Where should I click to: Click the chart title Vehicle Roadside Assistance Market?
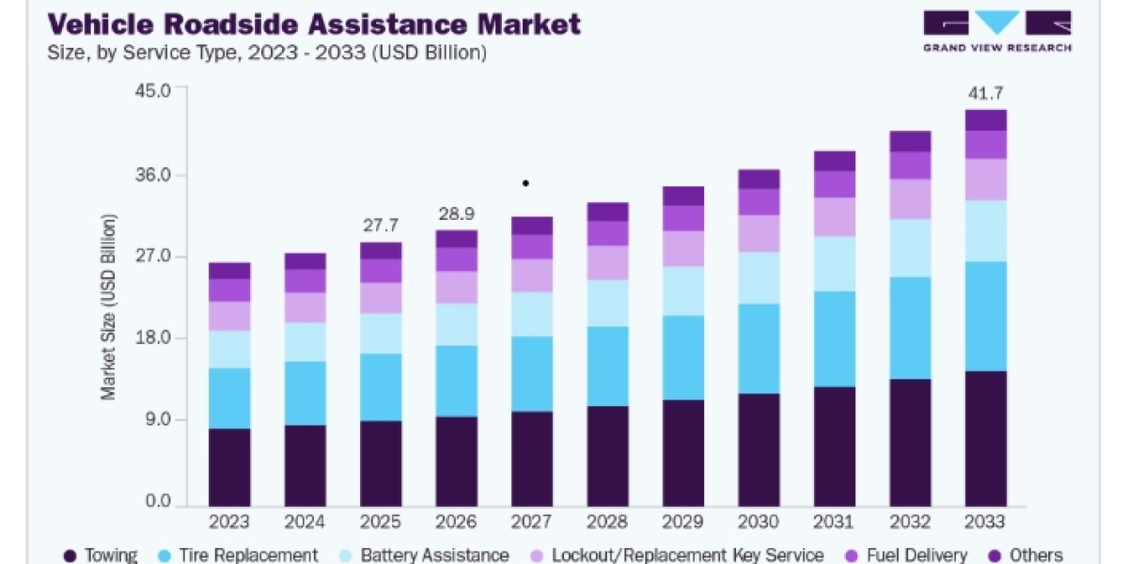tap(314, 24)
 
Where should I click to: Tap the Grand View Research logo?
tap(997, 31)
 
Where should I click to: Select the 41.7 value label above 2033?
tap(985, 93)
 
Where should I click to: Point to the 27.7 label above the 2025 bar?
tap(381, 225)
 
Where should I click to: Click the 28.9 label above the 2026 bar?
tap(456, 214)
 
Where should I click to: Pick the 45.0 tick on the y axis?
tap(153, 91)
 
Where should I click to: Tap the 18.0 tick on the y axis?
tap(153, 337)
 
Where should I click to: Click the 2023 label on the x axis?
tap(229, 522)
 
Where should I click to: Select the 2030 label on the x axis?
tap(759, 522)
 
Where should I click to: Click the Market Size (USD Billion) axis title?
tap(108, 307)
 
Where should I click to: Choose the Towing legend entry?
tap(101, 555)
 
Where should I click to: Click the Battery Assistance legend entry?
tap(424, 555)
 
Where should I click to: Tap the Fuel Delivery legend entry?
tap(906, 555)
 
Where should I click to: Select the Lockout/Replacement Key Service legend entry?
tap(678, 555)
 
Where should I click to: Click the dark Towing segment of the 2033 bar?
tap(985, 439)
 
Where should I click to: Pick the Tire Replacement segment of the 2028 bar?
tap(608, 366)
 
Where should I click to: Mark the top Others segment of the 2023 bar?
tap(229, 271)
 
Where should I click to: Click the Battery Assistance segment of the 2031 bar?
tap(835, 264)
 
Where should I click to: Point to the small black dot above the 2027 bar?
tap(525, 183)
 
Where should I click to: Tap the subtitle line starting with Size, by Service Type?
tap(267, 53)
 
